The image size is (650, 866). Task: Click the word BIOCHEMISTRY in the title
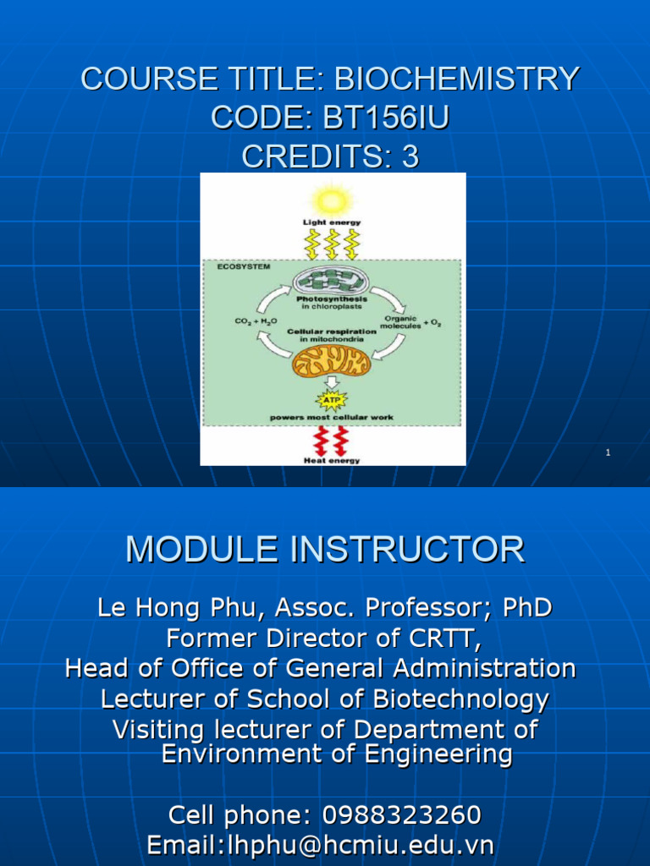tap(457, 79)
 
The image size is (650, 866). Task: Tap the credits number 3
tap(410, 156)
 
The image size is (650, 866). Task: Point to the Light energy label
tap(332, 222)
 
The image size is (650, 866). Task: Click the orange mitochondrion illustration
tap(331, 362)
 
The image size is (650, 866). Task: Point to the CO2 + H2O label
tap(254, 322)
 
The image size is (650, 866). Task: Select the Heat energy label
tap(332, 460)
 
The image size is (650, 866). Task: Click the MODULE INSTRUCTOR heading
tap(325, 550)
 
